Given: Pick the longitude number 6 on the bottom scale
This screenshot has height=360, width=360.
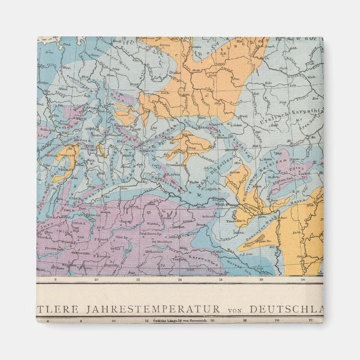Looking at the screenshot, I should click(48, 321).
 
